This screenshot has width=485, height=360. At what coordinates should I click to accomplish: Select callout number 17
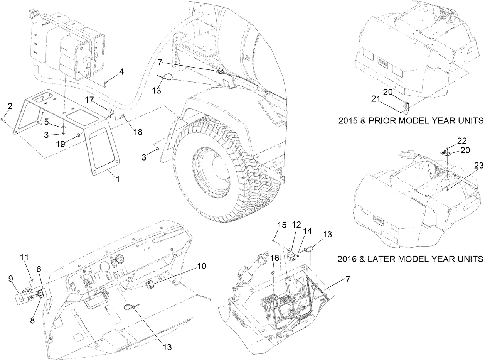(x=89, y=100)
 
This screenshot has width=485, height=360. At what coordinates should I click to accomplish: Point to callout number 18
(x=138, y=132)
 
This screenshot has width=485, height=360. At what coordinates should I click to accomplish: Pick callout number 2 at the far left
(x=10, y=106)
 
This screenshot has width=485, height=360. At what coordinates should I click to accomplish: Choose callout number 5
(x=46, y=122)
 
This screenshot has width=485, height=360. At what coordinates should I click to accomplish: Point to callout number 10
(x=202, y=266)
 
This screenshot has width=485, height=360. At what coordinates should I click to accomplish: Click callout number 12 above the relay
(x=296, y=225)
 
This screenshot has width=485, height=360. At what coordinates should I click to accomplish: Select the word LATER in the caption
(x=386, y=258)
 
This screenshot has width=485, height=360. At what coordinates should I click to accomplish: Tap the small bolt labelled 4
(x=106, y=82)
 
